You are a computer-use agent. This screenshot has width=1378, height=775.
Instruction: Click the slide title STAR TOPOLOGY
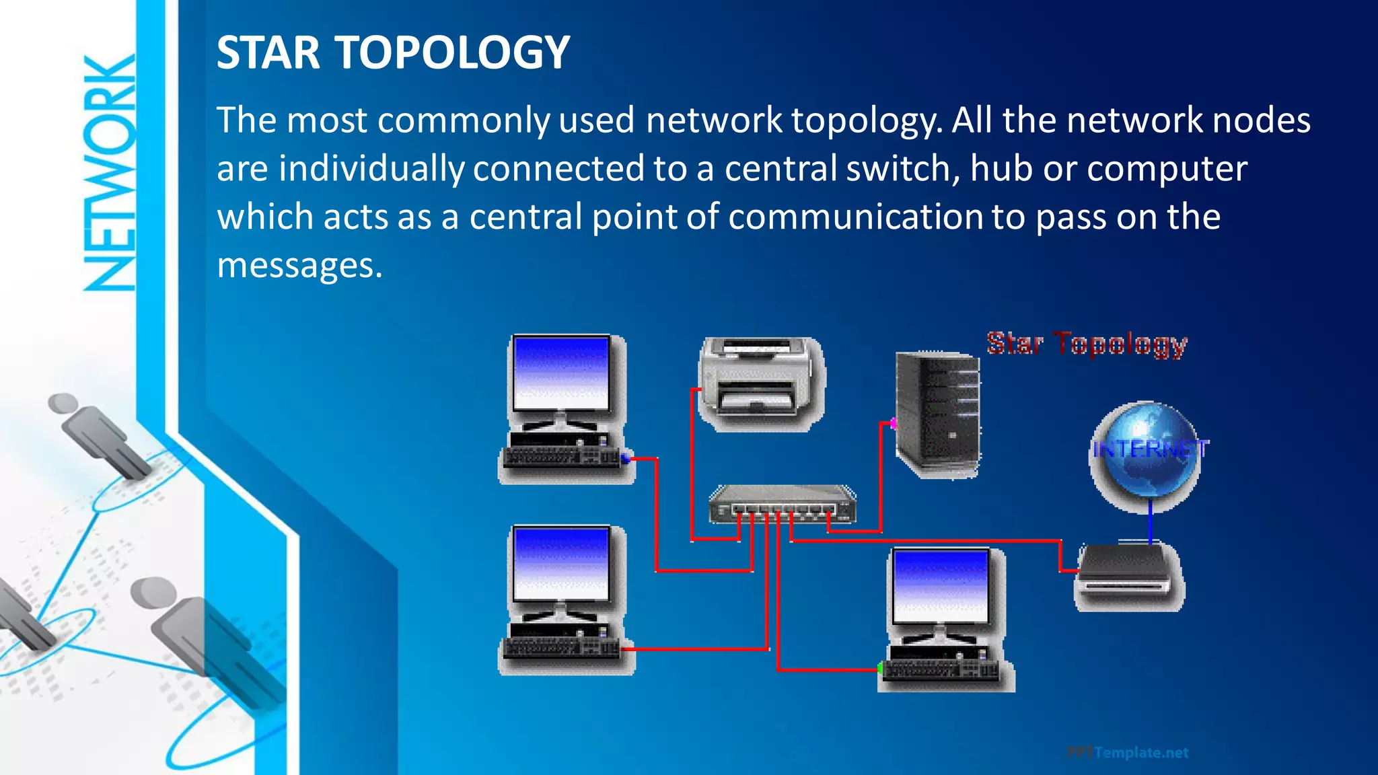pyautogui.click(x=393, y=52)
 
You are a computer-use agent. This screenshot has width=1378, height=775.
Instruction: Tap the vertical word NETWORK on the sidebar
pyautogui.click(x=110, y=174)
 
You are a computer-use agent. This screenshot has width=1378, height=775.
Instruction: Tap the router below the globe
pyautogui.click(x=1130, y=575)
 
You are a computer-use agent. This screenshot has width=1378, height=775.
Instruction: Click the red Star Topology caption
pyautogui.click(x=1087, y=344)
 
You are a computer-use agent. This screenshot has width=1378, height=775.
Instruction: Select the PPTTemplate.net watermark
pyautogui.click(x=1128, y=753)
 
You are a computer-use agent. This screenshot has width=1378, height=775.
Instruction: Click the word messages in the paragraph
pyautogui.click(x=299, y=266)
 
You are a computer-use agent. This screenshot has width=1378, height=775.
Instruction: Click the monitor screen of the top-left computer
pyautogui.click(x=560, y=373)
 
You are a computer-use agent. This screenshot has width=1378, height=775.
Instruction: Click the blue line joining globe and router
pyautogui.click(x=1150, y=521)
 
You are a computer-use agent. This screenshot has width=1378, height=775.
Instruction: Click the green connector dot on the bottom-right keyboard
pyautogui.click(x=880, y=668)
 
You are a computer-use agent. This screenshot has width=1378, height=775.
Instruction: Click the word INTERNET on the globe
pyautogui.click(x=1150, y=449)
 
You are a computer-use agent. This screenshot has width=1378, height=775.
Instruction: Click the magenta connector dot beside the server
pyautogui.click(x=893, y=423)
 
